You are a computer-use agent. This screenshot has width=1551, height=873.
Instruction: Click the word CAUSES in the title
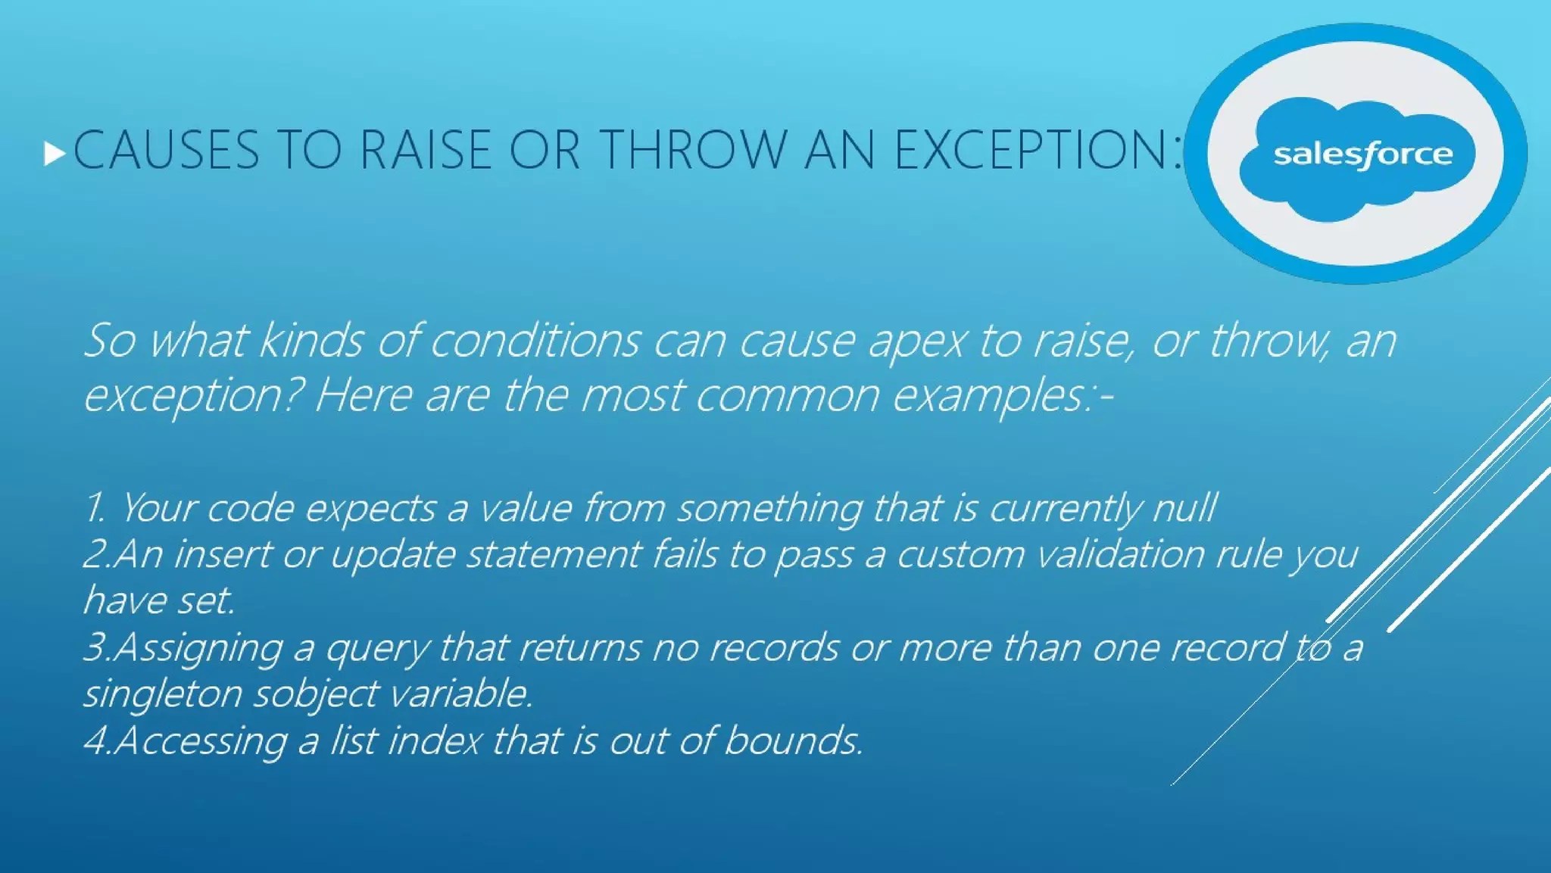pos(167,150)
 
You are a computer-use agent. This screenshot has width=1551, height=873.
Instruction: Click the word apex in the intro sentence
pos(916,341)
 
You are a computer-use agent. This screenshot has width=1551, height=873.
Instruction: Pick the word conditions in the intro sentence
pos(535,340)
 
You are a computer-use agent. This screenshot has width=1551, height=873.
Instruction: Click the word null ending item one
pos(1184,507)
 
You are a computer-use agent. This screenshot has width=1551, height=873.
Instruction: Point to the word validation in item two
pos(1120,553)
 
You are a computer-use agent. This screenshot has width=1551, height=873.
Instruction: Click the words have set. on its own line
pos(159,600)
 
